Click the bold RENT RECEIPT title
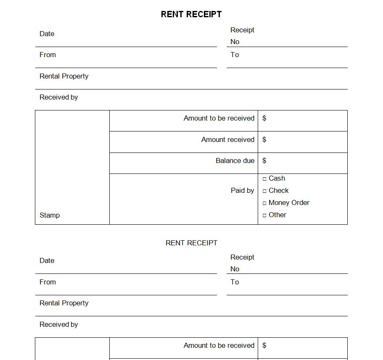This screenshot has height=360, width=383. pyautogui.click(x=191, y=14)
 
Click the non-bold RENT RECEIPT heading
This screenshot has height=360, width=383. pyautogui.click(x=191, y=243)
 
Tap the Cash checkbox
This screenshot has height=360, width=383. pyautogui.click(x=264, y=179)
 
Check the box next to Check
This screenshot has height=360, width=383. pyautogui.click(x=264, y=191)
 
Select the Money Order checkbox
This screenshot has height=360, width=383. pyautogui.click(x=264, y=203)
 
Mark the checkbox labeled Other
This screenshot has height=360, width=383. pyautogui.click(x=264, y=215)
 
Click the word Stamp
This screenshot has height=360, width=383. pyautogui.click(x=50, y=215)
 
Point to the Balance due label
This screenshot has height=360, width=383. pyautogui.click(x=235, y=160)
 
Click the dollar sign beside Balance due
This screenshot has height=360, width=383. pyautogui.click(x=264, y=160)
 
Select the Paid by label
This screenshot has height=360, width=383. pyautogui.click(x=242, y=190)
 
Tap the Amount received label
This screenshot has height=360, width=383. pyautogui.click(x=227, y=139)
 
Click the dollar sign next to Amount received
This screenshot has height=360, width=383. pyautogui.click(x=264, y=139)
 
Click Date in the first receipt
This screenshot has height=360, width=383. pyautogui.click(x=47, y=34)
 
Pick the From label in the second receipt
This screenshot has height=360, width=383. pyautogui.click(x=48, y=282)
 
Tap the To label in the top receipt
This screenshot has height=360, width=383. pyautogui.click(x=235, y=55)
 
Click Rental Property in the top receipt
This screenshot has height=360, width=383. pyautogui.click(x=64, y=76)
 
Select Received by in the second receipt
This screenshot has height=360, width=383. pyautogui.click(x=58, y=324)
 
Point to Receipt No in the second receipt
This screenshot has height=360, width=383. pyautogui.click(x=242, y=263)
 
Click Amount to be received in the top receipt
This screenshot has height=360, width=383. pyautogui.click(x=219, y=118)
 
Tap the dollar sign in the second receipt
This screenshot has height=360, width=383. pyautogui.click(x=264, y=345)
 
